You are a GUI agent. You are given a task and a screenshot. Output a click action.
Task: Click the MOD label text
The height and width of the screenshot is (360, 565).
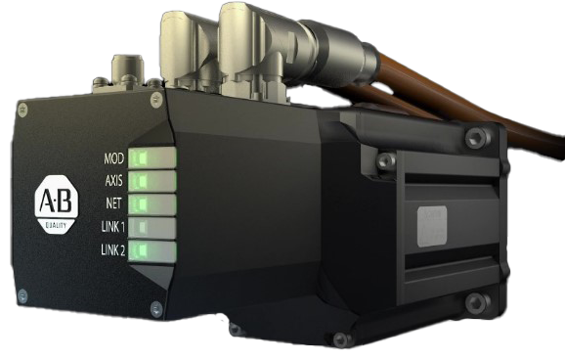tap(113, 158)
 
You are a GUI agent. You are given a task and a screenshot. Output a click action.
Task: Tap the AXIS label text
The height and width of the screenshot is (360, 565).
tap(113, 180)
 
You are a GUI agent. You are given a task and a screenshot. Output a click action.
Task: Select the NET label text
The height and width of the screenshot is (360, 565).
tap(113, 203)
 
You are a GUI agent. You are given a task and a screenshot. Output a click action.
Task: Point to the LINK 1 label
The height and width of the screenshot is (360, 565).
tap(113, 227)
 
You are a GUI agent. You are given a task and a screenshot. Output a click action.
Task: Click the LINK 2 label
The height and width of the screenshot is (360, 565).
tap(112, 249)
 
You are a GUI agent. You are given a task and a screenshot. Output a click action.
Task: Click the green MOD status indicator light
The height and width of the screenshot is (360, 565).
tap(152, 157)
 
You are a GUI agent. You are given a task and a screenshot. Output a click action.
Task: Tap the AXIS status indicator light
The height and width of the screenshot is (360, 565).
tap(152, 181)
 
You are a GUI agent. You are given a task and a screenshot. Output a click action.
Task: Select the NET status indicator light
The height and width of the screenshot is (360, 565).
tap(152, 204)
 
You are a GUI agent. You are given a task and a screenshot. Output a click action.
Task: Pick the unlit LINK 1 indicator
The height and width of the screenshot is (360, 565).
tap(152, 228)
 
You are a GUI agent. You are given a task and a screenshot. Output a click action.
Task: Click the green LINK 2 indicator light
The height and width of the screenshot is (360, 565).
tap(152, 251)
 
